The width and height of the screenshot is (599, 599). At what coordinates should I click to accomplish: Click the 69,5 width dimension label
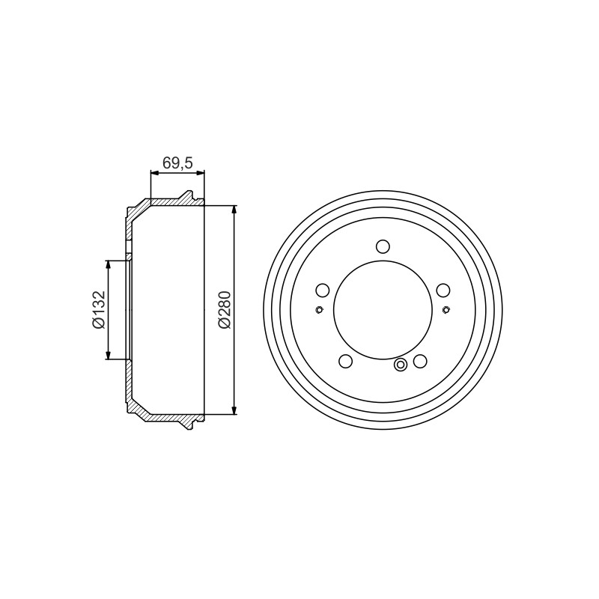[177, 162]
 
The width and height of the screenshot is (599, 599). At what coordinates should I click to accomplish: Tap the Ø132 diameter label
[99, 310]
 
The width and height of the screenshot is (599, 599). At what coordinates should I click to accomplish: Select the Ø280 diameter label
[225, 309]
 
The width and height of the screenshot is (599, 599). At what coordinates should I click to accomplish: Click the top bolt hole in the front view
[383, 246]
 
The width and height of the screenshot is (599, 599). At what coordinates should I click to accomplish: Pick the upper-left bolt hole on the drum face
[323, 291]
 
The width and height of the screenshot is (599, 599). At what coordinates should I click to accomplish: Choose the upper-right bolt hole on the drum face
[443, 291]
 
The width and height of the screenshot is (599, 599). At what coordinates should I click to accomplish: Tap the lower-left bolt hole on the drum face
[346, 361]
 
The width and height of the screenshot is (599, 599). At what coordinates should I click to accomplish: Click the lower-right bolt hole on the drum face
[420, 361]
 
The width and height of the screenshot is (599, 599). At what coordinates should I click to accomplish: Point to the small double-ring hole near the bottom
[401, 365]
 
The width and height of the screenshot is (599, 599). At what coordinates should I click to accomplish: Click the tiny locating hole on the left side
[319, 310]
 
